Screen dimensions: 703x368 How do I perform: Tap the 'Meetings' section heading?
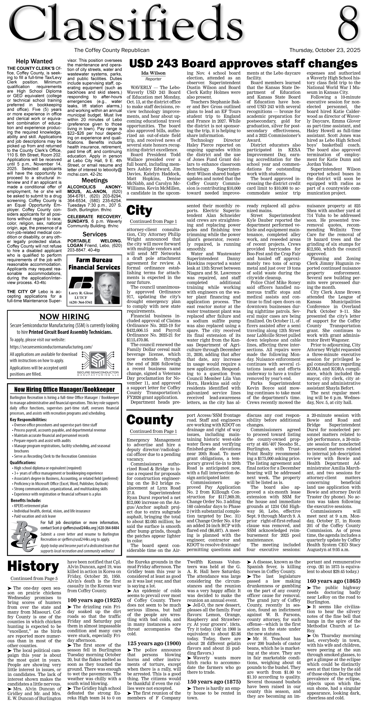click(95, 180)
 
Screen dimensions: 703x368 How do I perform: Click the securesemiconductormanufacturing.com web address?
click(51, 347)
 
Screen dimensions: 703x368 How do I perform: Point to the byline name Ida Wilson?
click(153, 73)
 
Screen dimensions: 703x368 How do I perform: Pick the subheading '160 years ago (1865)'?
click(333, 581)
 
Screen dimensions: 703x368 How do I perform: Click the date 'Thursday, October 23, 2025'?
click(325, 50)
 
